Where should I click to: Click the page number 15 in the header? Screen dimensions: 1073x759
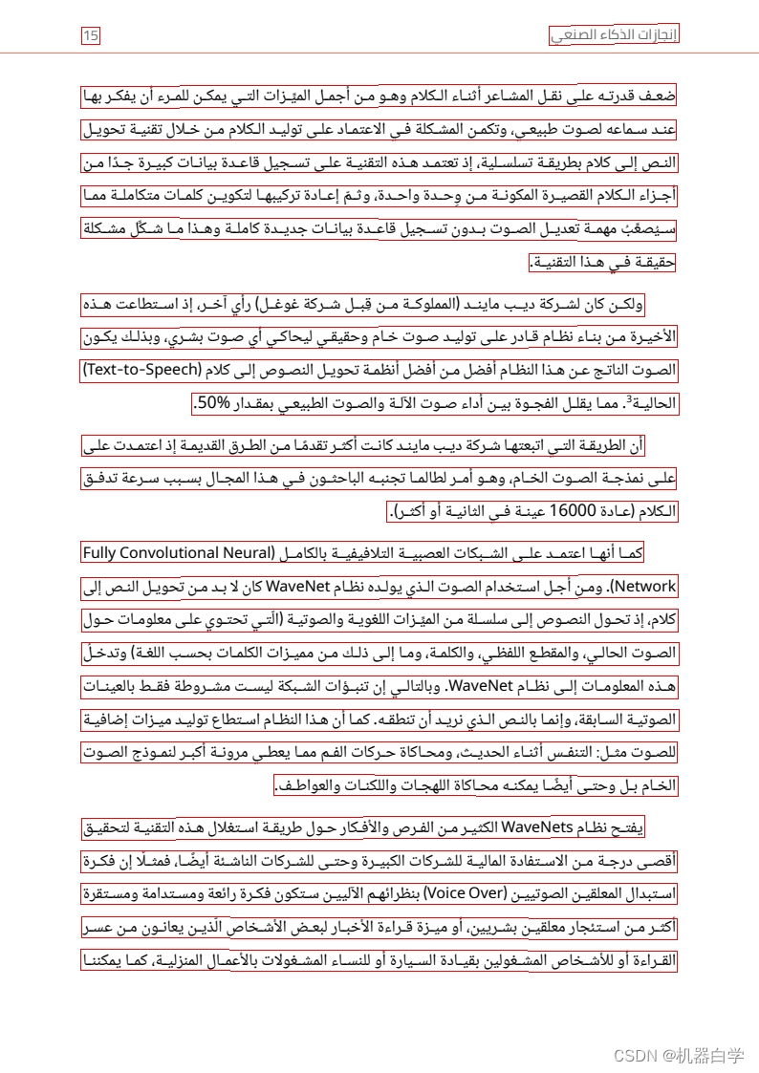91,36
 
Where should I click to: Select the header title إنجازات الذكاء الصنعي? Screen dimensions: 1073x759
614,36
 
